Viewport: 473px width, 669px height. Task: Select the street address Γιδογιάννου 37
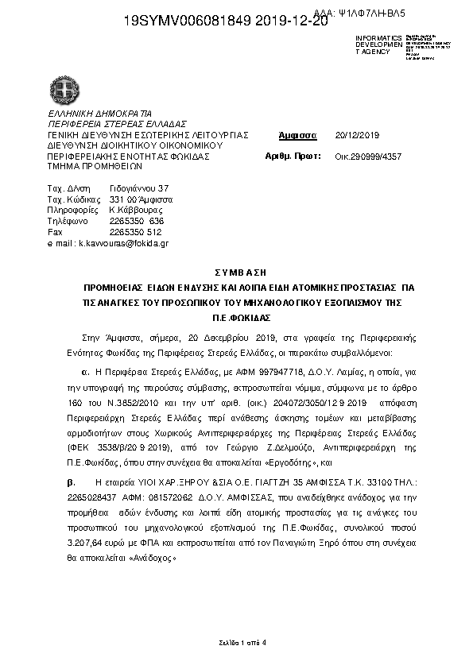pos(139,188)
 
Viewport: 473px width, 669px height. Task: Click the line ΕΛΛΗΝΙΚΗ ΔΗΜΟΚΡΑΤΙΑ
pos(99,114)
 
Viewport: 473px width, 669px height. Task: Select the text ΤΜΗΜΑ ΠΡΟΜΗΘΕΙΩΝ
pos(95,168)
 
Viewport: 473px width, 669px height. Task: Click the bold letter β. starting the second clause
pos(70,482)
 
